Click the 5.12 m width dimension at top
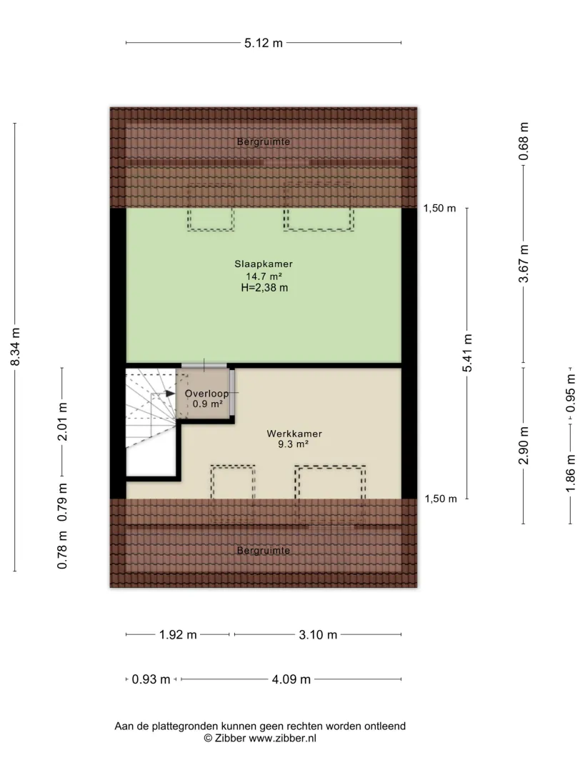[x=263, y=44]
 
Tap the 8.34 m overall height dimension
[x=16, y=346]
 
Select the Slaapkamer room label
[x=264, y=264]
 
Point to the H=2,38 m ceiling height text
[x=264, y=288]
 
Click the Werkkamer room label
[x=294, y=434]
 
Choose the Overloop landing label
[x=207, y=394]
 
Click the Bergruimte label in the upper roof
[x=263, y=141]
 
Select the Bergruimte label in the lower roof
[x=263, y=551]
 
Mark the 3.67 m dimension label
[x=524, y=263]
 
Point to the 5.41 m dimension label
[x=467, y=353]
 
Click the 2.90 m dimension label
[x=524, y=445]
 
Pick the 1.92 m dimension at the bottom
[x=178, y=635]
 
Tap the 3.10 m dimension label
[x=318, y=635]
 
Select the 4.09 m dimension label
[x=291, y=679]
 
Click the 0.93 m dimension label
[x=151, y=679]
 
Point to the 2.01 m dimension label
[x=62, y=422]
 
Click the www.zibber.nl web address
[x=283, y=739]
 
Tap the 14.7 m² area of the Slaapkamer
[x=264, y=276]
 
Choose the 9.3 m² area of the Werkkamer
[x=293, y=444]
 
